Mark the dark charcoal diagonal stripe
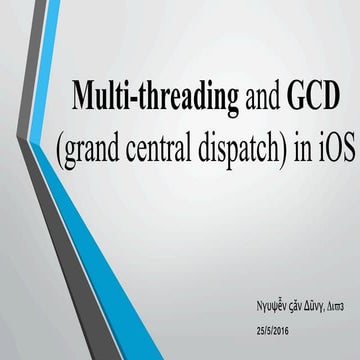point(40,150)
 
